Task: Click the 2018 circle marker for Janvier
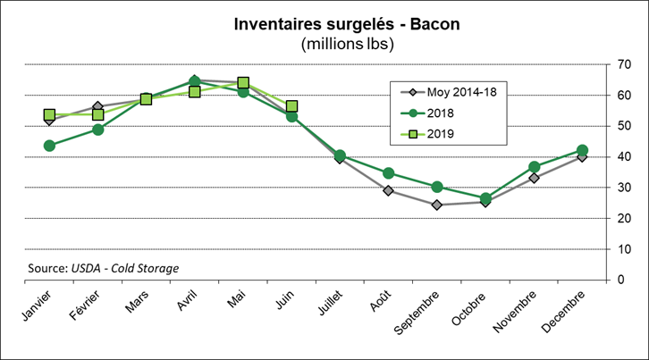coord(49,146)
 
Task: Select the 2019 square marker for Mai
coord(243,83)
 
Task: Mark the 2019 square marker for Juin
coord(291,106)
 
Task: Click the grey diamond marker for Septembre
coord(436,205)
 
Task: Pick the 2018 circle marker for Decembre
coord(582,150)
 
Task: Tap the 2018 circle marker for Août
coord(388,173)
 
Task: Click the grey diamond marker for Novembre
coord(534,178)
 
